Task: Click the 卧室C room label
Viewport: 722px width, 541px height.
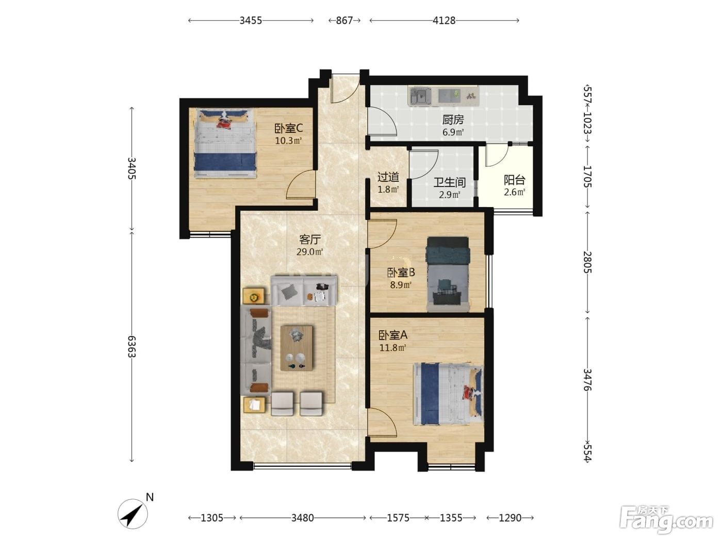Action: [288, 128]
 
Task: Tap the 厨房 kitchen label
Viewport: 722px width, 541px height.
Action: [453, 120]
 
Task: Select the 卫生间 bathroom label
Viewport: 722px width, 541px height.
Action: [449, 182]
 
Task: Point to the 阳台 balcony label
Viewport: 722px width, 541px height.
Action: [515, 180]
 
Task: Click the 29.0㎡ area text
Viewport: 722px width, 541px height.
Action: [309, 252]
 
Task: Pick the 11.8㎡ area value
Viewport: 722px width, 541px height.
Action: [393, 347]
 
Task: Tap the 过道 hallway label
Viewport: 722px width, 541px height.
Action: [388, 177]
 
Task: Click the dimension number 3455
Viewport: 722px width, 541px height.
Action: [251, 21]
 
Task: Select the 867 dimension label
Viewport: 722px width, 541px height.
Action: [344, 21]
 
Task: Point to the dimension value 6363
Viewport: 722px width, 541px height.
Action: [132, 347]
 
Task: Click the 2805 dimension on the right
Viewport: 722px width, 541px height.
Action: [587, 262]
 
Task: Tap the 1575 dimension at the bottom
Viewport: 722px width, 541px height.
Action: [398, 518]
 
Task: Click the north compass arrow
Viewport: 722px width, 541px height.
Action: [133, 514]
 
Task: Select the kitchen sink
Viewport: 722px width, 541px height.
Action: [420, 96]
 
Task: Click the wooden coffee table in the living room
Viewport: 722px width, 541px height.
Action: [297, 348]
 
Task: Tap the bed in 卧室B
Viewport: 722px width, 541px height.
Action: [448, 274]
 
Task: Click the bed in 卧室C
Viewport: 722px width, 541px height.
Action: [225, 144]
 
